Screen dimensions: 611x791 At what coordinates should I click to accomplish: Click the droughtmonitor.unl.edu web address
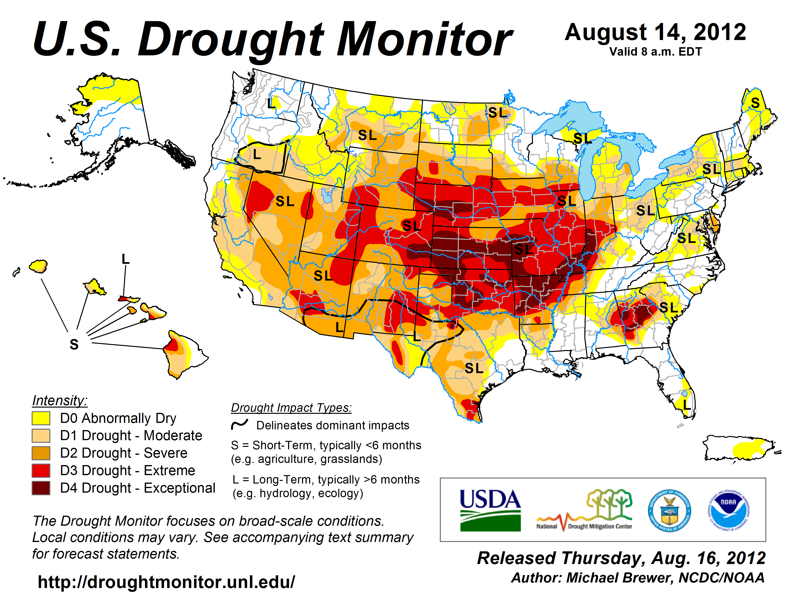click(166, 582)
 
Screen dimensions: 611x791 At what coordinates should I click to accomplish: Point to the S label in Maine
click(755, 103)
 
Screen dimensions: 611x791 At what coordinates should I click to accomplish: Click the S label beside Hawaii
click(74, 345)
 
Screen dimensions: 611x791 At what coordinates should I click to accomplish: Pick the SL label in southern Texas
click(474, 368)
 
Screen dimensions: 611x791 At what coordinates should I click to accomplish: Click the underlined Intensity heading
click(60, 401)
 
